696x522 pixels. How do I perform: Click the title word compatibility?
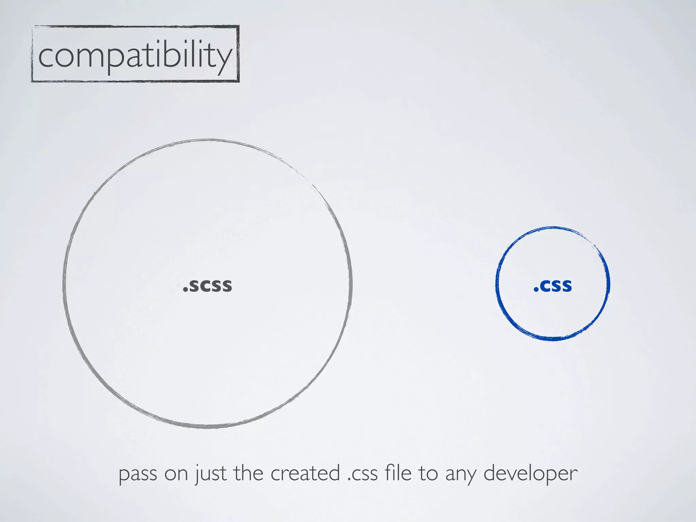135,55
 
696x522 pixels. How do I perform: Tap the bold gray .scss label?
208,285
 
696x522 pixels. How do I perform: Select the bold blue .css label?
553,285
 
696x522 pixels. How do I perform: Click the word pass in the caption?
138,474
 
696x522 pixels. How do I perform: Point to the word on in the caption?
176,474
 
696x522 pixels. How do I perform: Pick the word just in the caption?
211,474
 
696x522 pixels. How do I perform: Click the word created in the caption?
305,473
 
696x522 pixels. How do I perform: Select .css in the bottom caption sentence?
362,474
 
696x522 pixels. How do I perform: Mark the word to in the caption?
428,473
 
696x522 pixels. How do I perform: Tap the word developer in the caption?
530,474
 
